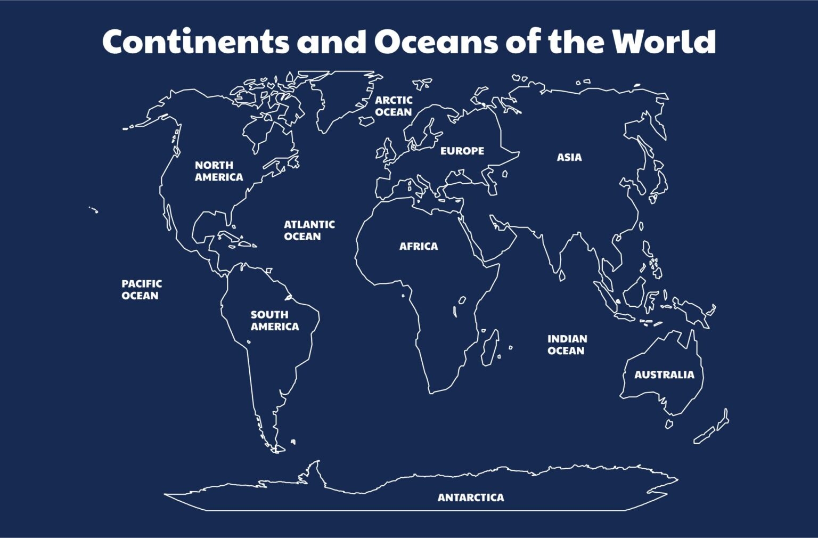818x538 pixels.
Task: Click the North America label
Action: click(218, 171)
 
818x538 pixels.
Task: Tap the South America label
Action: click(274, 321)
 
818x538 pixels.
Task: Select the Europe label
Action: click(462, 151)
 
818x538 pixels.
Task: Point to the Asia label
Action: click(569, 158)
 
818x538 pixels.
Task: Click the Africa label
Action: click(419, 247)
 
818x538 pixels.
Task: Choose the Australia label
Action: click(664, 375)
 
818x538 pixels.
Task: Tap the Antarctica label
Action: click(470, 498)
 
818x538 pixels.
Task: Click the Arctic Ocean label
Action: click(394, 106)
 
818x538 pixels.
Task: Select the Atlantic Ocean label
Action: click(309, 231)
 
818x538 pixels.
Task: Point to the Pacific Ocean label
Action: click(141, 290)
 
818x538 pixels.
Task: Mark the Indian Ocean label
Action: click(567, 345)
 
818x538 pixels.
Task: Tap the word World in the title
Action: click(664, 42)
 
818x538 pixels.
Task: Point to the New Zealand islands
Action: click(713, 429)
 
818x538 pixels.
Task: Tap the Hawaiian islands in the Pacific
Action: click(94, 210)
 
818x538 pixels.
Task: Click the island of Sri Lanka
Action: click(561, 275)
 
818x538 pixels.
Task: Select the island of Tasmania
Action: click(669, 424)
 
